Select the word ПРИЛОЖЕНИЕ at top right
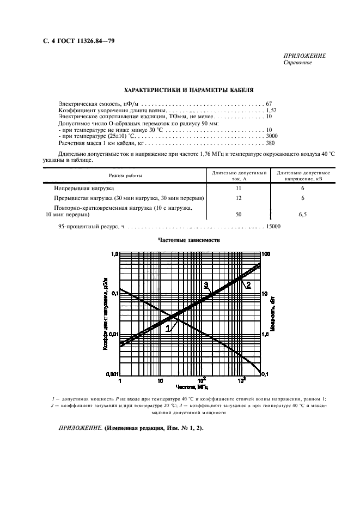point(304,56)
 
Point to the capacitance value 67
point(269,103)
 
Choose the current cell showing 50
point(237,215)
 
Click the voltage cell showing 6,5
point(302,215)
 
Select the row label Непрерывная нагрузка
point(84,188)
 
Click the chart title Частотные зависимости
point(189,240)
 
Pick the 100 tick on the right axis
point(266,254)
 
